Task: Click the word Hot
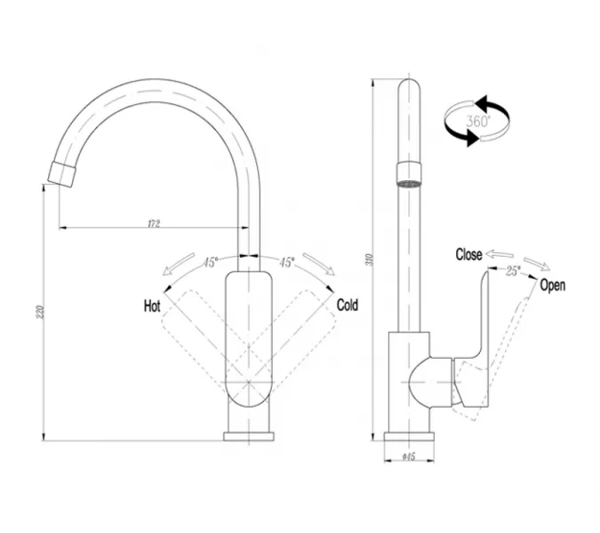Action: pyautogui.click(x=152, y=306)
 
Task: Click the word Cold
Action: pyautogui.click(x=348, y=306)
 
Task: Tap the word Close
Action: pyautogui.click(x=468, y=255)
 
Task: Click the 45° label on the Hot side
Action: pyautogui.click(x=210, y=263)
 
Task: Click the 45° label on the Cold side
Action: pyautogui.click(x=287, y=263)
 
